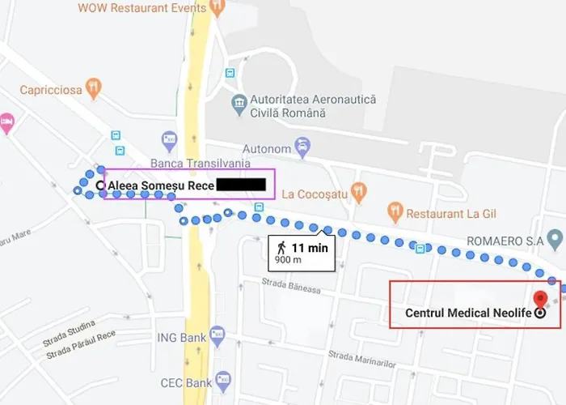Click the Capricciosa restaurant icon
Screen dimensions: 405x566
pos(94,88)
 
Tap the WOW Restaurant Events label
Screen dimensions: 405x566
pos(141,7)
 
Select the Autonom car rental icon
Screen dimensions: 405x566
pos(302,147)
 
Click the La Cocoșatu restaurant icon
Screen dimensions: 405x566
pos(360,192)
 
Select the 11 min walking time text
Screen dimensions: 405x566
pos(310,248)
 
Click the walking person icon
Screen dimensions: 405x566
pos(281,247)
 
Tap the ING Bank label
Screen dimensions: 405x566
pos(180,336)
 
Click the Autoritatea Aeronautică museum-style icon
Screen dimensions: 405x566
pos(239,104)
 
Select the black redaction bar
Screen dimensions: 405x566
pos(241,184)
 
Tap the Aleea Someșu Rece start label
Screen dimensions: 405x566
pos(161,185)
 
